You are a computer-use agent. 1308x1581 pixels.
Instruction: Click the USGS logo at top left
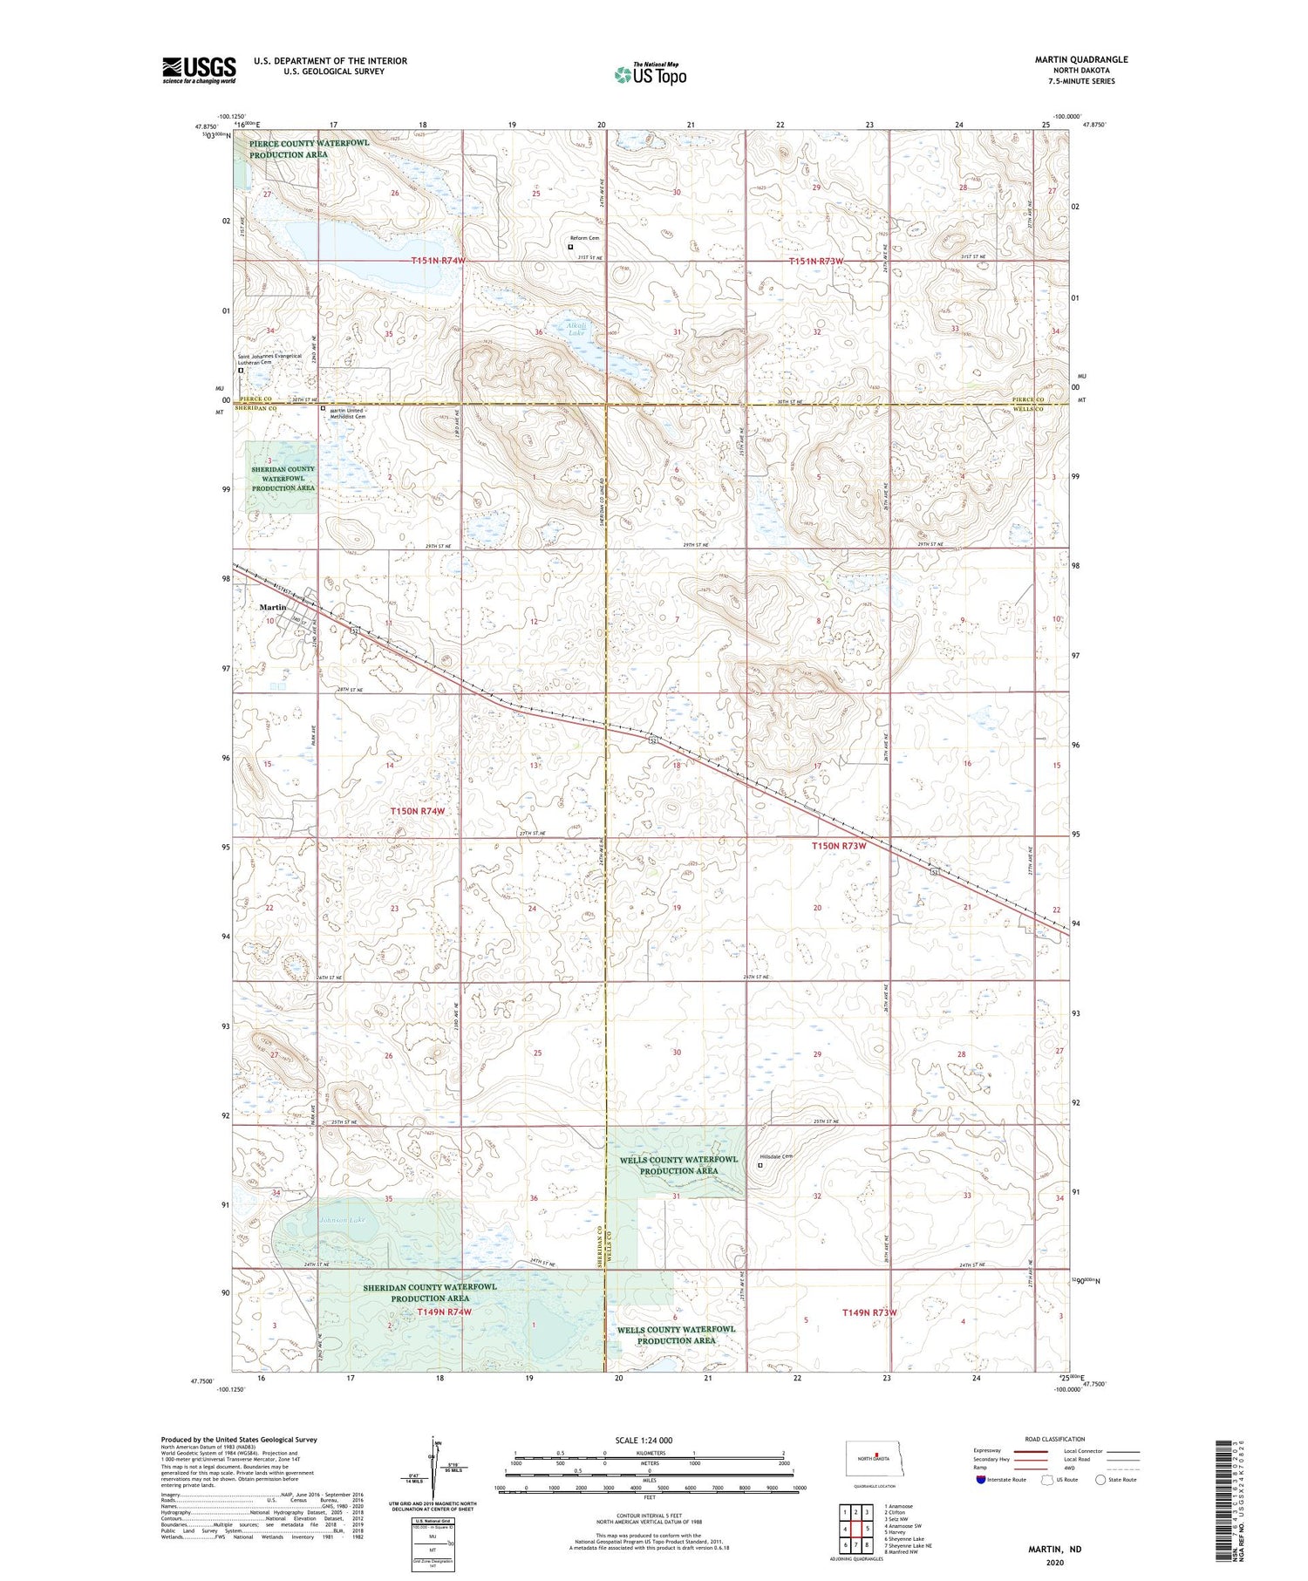[x=199, y=70]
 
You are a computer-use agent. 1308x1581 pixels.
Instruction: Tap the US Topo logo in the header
[x=650, y=75]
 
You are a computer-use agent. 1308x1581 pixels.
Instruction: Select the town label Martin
[x=273, y=607]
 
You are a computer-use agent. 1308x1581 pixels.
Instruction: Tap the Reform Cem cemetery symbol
[x=571, y=247]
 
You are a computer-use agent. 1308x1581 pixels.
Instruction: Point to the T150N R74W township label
[x=418, y=811]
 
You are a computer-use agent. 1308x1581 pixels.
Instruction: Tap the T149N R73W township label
[x=869, y=1312]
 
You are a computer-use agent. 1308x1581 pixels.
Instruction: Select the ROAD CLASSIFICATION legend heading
[x=1054, y=1439]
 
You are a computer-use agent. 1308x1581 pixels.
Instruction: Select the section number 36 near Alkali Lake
[x=539, y=332]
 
